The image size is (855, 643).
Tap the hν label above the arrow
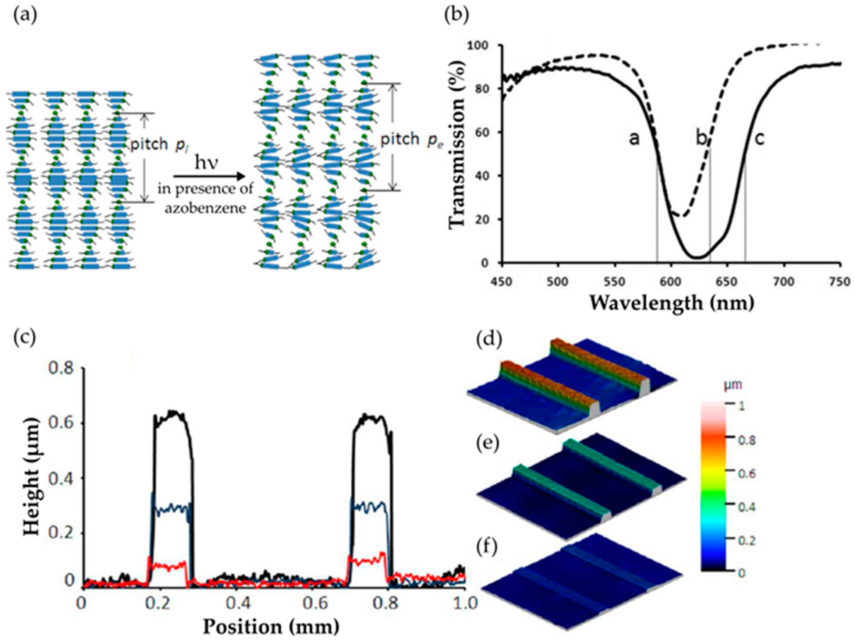tap(206, 164)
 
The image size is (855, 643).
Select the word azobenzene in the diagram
tap(205, 209)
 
